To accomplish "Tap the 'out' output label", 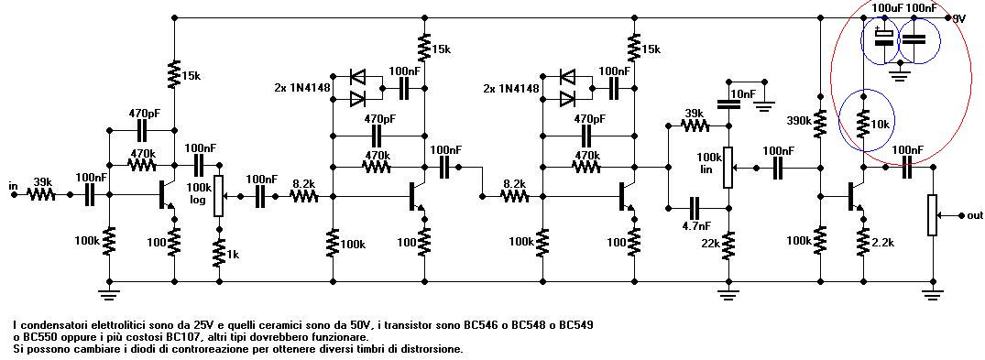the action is point(975,215).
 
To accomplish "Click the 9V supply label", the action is point(958,19).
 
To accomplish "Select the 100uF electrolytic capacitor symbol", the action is point(884,37).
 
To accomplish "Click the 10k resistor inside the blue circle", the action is point(864,123).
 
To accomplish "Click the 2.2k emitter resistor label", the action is point(882,242).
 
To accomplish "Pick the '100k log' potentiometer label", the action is point(199,193).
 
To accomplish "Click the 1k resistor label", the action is point(233,255).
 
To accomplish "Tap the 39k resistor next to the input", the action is point(42,195).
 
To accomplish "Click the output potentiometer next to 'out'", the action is point(932,215).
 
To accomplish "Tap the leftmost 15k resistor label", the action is point(191,75).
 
